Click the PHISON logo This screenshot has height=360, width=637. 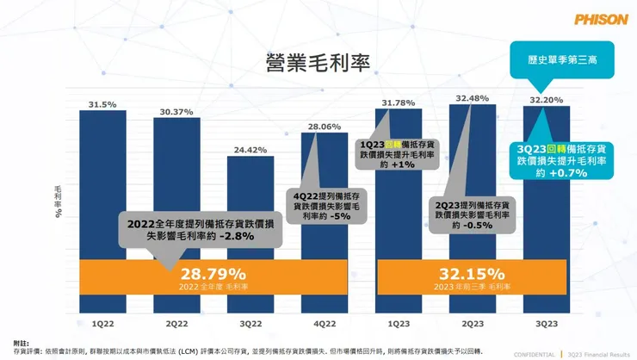(x=600, y=18)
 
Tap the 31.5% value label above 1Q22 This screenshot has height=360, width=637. (x=102, y=105)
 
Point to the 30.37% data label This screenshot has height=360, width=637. (x=176, y=112)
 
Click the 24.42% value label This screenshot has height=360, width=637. (x=250, y=150)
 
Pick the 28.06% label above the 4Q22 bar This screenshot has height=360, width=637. (x=324, y=126)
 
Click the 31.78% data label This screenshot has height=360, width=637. (x=398, y=103)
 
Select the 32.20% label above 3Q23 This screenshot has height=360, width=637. (x=546, y=100)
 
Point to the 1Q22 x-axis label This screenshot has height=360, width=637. (x=102, y=323)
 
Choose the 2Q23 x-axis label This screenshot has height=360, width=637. (x=472, y=323)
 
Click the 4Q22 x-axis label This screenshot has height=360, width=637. (x=324, y=323)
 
